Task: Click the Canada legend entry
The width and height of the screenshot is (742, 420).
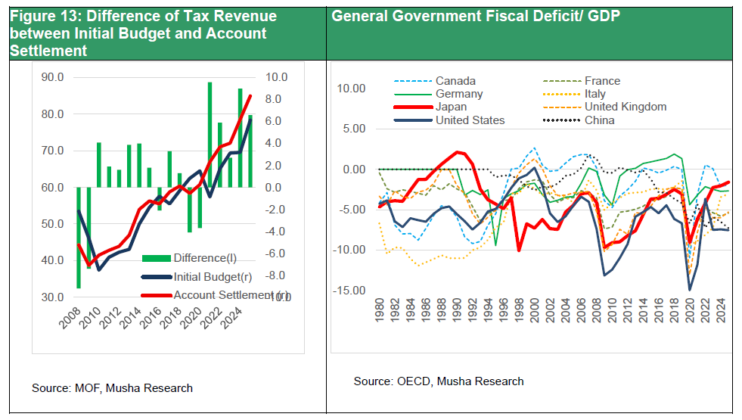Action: pos(455,81)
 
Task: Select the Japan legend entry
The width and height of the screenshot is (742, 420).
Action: pos(452,107)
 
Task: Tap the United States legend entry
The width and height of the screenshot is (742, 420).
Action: pos(470,120)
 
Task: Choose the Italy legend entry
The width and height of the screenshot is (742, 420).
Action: pos(595,94)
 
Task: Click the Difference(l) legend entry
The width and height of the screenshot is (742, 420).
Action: pos(203,257)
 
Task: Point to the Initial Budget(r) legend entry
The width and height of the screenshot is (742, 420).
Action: pos(212,276)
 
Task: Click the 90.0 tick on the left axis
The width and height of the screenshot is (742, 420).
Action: pos(52,77)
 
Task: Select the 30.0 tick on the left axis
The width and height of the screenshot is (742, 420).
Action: pos(52,297)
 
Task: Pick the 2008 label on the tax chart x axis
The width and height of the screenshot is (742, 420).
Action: pos(70,322)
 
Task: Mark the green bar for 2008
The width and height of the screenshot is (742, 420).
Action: pos(79,238)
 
